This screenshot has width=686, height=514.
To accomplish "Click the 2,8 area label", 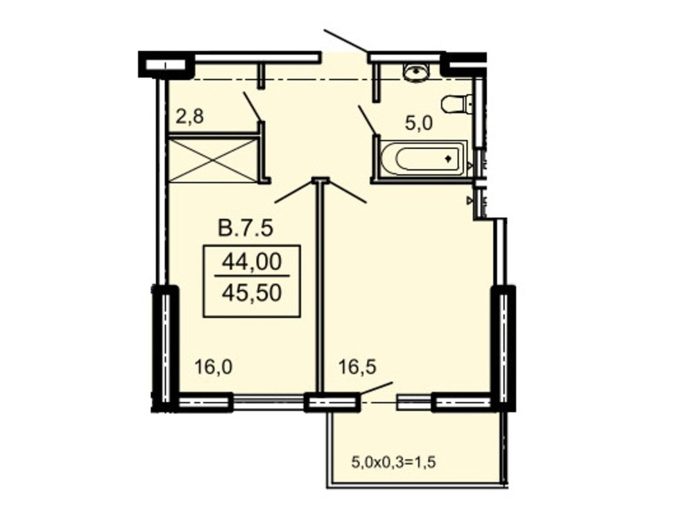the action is pos(190,117).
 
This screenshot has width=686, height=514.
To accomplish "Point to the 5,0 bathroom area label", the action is pos(418,123).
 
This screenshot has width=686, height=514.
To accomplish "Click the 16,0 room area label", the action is pos(213,367).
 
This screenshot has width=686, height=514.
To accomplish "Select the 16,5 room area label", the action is pos(357,367).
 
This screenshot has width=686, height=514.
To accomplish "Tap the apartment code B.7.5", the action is pos(245,228).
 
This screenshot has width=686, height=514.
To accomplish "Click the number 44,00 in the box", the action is pos(252,262).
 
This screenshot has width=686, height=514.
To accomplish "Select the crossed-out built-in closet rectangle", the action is pos(213,160).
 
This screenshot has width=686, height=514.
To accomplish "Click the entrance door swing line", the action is pos(345,41).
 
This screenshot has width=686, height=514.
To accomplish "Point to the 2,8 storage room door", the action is pos(252,106).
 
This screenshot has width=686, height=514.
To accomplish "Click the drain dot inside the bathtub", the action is pos(448,159).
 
